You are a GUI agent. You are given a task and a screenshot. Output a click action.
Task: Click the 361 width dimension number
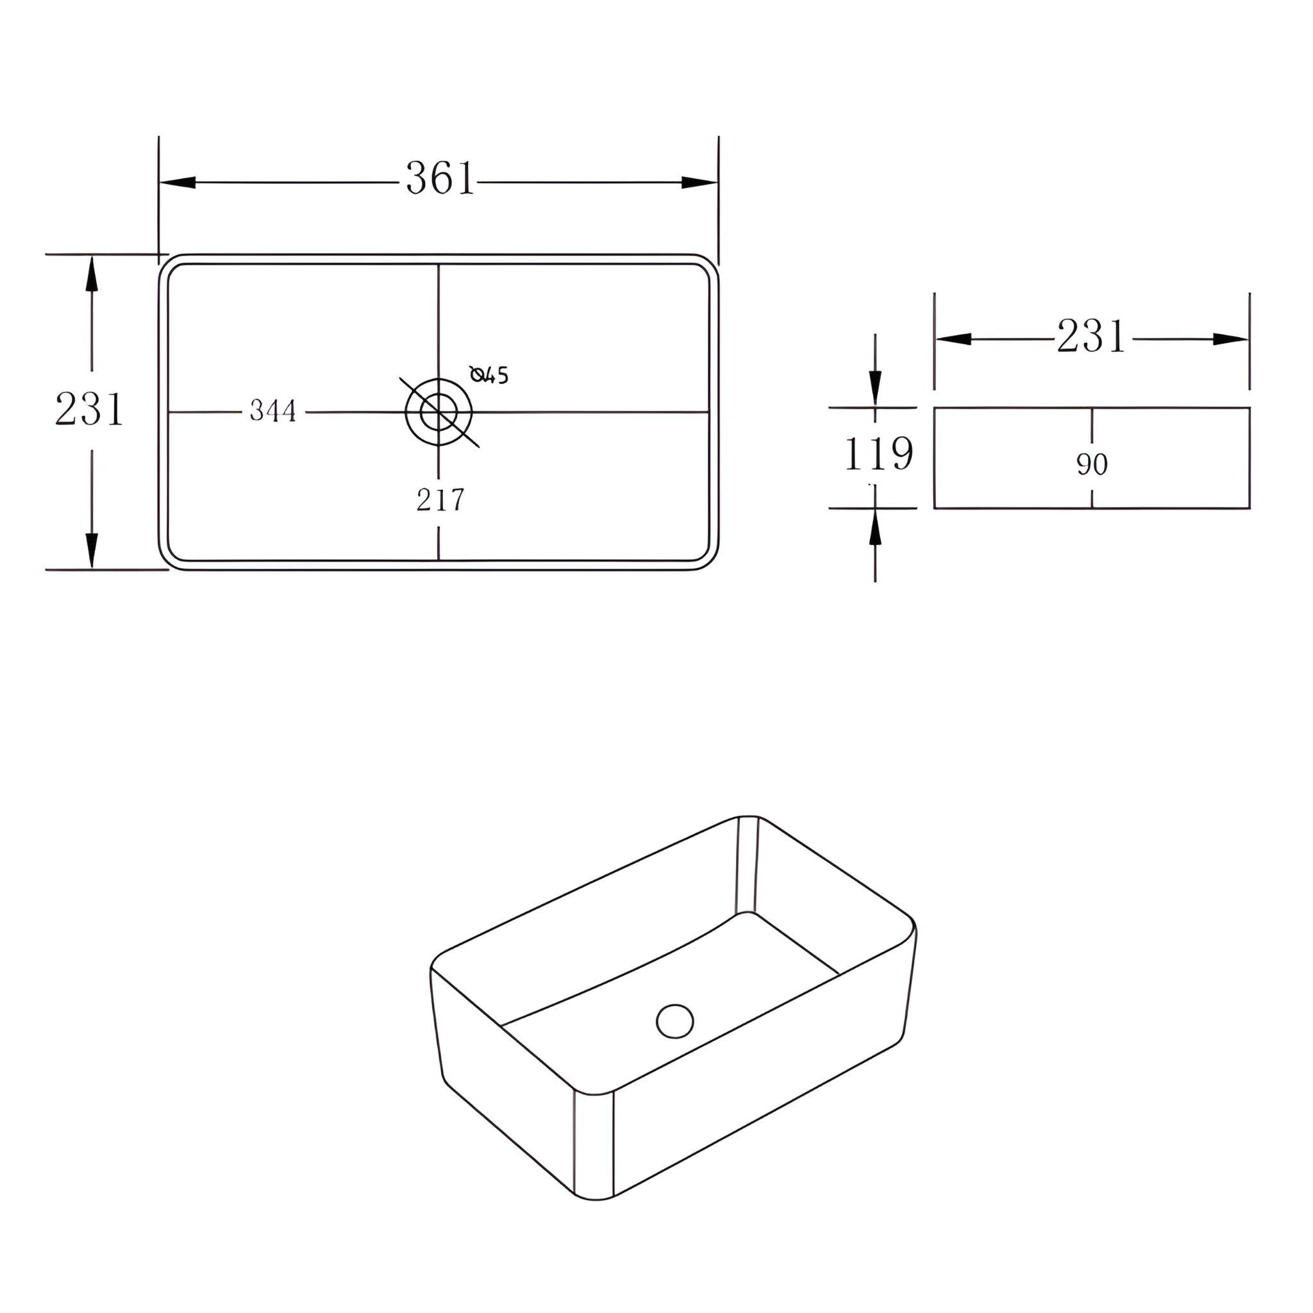(x=440, y=179)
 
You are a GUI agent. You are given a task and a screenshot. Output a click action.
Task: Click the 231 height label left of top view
(x=89, y=409)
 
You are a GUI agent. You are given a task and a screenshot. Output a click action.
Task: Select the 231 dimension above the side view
(x=1091, y=337)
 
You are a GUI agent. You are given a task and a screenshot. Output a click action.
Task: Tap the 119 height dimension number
(x=878, y=453)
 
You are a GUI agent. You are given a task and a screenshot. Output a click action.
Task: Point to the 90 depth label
(x=1092, y=464)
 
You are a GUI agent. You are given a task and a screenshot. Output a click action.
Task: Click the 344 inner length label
(x=273, y=410)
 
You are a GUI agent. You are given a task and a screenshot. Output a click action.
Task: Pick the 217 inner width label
(x=440, y=500)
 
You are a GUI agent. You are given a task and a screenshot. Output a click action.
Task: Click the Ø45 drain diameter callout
(x=489, y=374)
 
